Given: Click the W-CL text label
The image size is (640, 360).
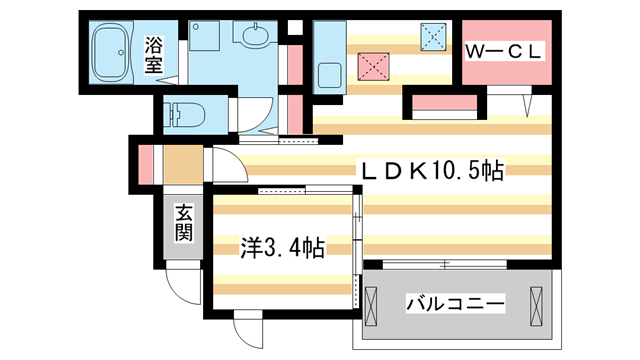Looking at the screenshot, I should click(503, 48).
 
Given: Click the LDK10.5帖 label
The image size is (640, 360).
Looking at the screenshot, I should click(430, 172).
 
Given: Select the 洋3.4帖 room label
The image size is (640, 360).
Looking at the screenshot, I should click(281, 247).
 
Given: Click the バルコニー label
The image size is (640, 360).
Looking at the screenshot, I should click(453, 303).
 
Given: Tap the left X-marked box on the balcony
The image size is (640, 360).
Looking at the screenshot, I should click(372, 304).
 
